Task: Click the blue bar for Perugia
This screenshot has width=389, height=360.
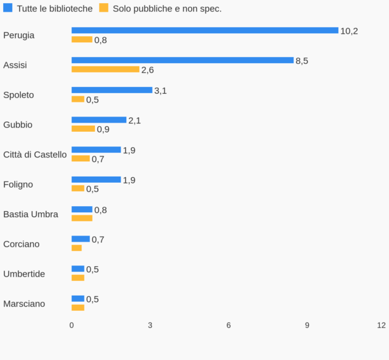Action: pyautogui.click(x=205, y=30)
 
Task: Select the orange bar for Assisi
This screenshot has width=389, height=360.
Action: pyautogui.click(x=105, y=69)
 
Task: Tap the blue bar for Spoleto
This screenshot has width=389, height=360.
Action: pyautogui.click(x=111, y=90)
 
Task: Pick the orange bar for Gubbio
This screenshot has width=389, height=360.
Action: pyautogui.click(x=83, y=129)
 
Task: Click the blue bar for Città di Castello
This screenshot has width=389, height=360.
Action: pyautogui.click(x=96, y=150)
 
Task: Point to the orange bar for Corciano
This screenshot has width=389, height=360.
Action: pyautogui.click(x=77, y=248)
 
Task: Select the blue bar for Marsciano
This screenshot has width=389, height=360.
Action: pyautogui.click(x=78, y=299)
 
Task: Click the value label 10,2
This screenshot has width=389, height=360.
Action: pyautogui.click(x=349, y=31)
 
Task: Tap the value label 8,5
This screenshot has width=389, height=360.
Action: pyautogui.click(x=302, y=61)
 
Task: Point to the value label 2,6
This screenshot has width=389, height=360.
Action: pyautogui.click(x=148, y=70)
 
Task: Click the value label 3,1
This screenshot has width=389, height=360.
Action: pyautogui.click(x=161, y=91)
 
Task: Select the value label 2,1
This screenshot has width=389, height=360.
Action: pyautogui.click(x=135, y=120)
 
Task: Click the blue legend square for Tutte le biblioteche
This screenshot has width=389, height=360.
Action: pyautogui.click(x=8, y=8)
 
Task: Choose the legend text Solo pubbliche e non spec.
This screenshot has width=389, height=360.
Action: pyautogui.click(x=167, y=9)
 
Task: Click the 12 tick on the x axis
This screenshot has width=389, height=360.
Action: pyautogui.click(x=382, y=325)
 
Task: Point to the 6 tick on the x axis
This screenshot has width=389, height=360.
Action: pyautogui.click(x=228, y=325)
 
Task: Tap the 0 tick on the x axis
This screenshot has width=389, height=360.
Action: pyautogui.click(x=72, y=325)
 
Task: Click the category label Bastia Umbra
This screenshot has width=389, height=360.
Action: pyautogui.click(x=31, y=214)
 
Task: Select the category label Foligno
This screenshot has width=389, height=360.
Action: pyautogui.click(x=18, y=184)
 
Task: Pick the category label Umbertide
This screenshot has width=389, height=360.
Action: pyautogui.click(x=24, y=274)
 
